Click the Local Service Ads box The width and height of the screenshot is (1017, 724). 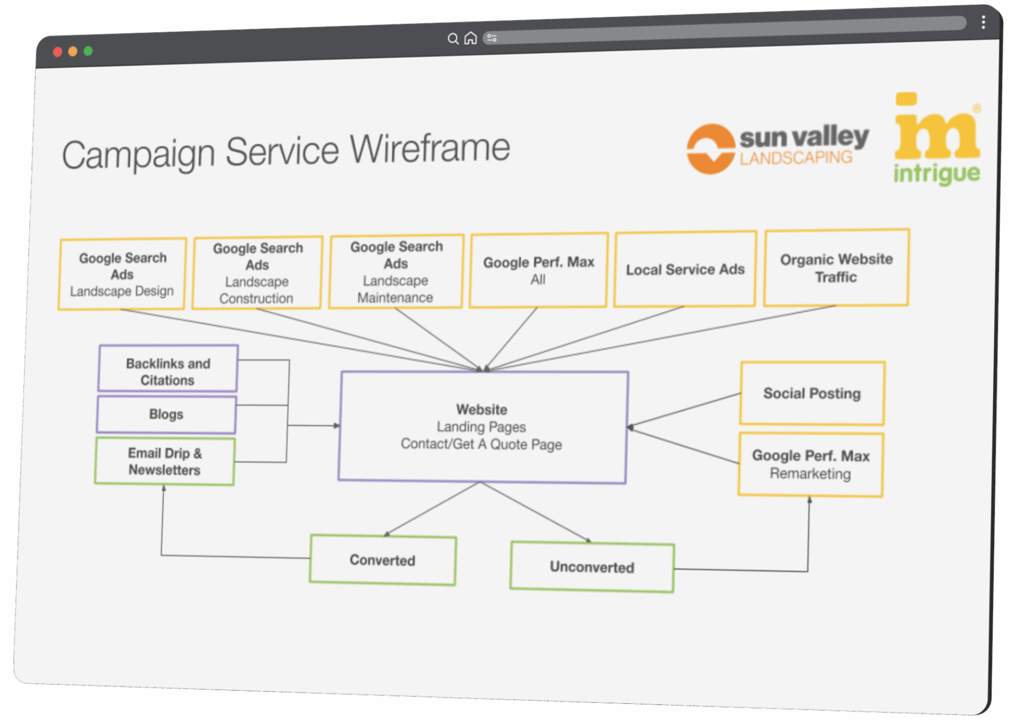pyautogui.click(x=685, y=269)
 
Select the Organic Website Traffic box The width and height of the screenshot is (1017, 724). pyautogui.click(x=836, y=268)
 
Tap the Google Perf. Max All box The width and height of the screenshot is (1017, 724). pyautogui.click(x=538, y=270)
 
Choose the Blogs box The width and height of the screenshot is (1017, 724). pyautogui.click(x=166, y=414)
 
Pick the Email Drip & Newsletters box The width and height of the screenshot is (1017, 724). pyautogui.click(x=165, y=461)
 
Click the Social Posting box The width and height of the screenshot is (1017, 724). pyautogui.click(x=812, y=393)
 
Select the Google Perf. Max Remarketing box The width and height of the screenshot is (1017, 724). pyautogui.click(x=810, y=464)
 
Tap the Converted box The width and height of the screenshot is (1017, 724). pyautogui.click(x=382, y=560)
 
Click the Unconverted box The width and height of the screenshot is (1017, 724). pyautogui.click(x=592, y=567)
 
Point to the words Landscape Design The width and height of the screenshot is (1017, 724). pyautogui.click(x=122, y=292)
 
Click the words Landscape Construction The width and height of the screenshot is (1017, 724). pyautogui.click(x=256, y=290)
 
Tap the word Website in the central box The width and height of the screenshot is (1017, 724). pyautogui.click(x=481, y=410)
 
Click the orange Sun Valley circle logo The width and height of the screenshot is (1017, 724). pyautogui.click(x=710, y=149)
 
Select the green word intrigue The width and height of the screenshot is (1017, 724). pyautogui.click(x=936, y=174)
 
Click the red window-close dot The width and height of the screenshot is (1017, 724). pyautogui.click(x=58, y=52)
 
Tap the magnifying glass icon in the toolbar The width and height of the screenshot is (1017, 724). pyautogui.click(x=453, y=39)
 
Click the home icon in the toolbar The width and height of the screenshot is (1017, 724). pyautogui.click(x=470, y=38)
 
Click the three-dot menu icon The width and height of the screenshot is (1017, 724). pyautogui.click(x=983, y=22)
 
